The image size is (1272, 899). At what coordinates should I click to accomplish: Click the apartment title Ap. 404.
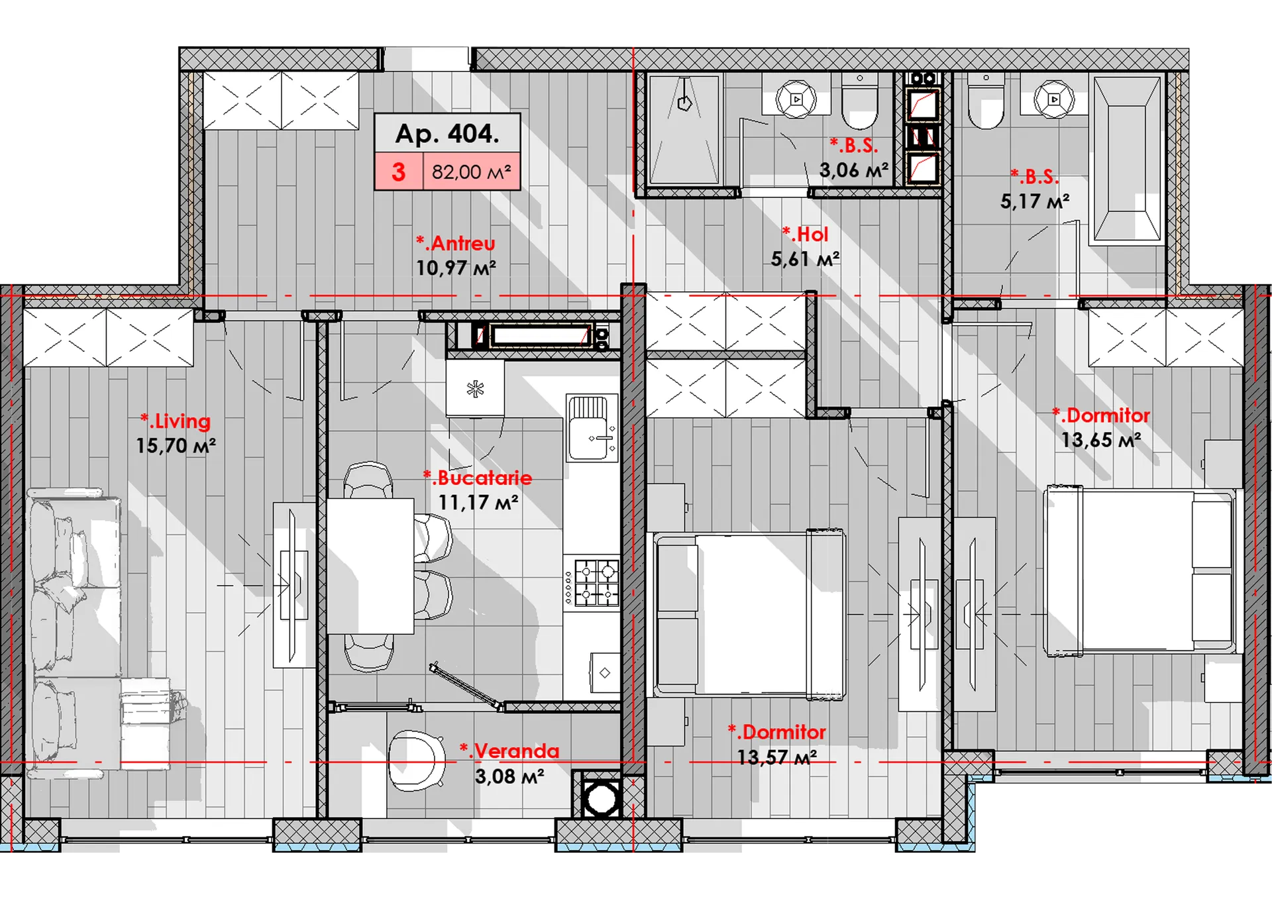point(447,134)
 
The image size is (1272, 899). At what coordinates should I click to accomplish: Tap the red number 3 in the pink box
point(398,172)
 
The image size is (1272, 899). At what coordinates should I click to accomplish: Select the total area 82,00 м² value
point(471,172)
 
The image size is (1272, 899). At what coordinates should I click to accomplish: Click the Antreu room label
point(456,243)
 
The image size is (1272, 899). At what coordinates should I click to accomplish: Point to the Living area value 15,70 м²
point(176,446)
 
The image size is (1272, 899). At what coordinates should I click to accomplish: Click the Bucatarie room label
point(478,478)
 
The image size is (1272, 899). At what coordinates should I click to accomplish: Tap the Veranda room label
point(509,751)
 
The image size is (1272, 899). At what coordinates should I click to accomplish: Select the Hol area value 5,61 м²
point(805,259)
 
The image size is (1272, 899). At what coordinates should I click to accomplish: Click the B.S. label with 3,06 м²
point(853,146)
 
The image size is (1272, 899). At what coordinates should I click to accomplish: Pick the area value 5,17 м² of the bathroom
point(1035,201)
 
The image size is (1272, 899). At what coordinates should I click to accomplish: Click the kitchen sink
point(592,428)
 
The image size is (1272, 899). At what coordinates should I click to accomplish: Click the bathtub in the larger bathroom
point(1127,159)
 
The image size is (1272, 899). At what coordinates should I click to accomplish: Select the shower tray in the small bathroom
point(684,130)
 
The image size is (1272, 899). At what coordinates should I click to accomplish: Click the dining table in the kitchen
point(370,566)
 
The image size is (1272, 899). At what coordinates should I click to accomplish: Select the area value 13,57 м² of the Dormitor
point(776,757)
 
